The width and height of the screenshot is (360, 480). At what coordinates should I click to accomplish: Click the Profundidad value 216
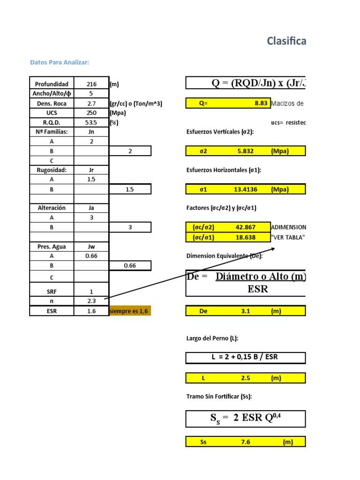pos(91,84)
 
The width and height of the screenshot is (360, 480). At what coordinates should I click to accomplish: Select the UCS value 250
pos(91,113)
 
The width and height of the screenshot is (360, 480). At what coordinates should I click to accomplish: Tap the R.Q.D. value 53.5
pos(91,122)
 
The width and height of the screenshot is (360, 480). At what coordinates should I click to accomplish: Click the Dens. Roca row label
pos(52,103)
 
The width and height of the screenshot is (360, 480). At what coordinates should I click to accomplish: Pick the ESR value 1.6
pos(91,311)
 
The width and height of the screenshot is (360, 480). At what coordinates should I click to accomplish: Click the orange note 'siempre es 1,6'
pos(130,311)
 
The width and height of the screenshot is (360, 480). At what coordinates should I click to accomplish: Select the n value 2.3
pos(91,301)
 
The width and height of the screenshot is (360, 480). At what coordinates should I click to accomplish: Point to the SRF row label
pos(52,292)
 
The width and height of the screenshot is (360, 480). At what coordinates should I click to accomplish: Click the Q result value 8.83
pos(261,103)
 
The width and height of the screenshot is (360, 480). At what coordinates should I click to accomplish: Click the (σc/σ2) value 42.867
pos(246,227)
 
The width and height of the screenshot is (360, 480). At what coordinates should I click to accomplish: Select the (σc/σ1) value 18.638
pos(246,237)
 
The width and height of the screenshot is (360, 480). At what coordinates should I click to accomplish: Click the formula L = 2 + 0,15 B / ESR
pos(245,357)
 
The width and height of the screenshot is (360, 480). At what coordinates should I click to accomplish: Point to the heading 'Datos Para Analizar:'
pos(60,62)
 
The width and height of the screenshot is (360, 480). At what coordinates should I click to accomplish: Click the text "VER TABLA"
pos(288,237)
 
